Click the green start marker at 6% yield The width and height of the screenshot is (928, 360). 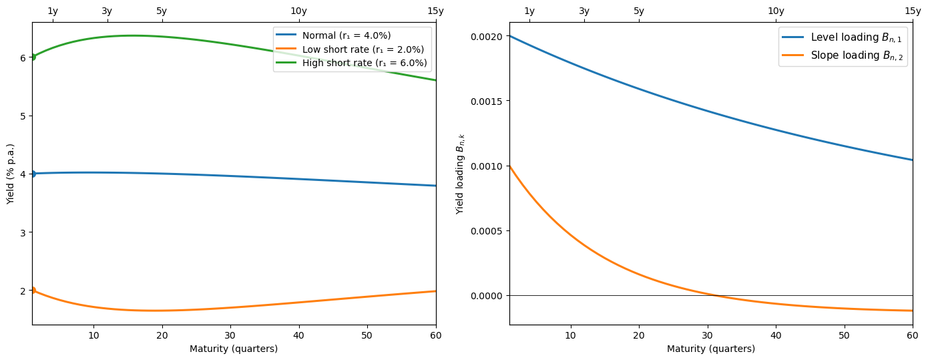pos(32,57)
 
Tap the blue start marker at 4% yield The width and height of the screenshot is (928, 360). pos(32,174)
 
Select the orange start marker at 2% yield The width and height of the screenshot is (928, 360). pos(32,291)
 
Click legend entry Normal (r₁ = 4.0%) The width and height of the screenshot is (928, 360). pos(346,35)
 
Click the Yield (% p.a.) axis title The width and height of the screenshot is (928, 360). pos(10,174)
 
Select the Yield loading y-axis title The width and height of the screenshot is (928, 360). pos(460,174)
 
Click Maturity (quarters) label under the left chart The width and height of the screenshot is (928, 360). pos(234,349)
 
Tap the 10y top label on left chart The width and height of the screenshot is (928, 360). pos(298,11)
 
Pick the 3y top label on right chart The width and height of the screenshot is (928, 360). pos(584,11)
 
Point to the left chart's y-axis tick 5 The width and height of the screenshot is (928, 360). pos(23,116)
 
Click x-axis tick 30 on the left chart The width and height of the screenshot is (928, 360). pos(230,335)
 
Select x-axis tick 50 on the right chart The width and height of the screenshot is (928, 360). pos(844,335)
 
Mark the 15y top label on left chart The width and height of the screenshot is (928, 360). pos(435,11)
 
